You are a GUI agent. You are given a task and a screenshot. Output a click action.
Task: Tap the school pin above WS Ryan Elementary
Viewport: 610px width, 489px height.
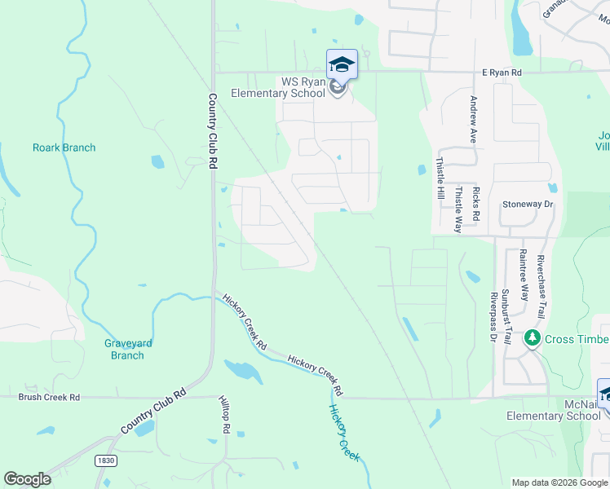click(342, 64)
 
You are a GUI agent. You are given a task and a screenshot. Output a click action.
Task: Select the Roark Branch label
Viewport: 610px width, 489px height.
click(64, 148)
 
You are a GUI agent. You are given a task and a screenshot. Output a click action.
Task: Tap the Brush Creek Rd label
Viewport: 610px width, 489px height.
click(50, 397)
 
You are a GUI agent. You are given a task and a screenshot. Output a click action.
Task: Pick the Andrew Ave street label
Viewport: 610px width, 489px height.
click(473, 119)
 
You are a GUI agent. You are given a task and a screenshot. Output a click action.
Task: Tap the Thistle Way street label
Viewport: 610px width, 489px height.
click(458, 209)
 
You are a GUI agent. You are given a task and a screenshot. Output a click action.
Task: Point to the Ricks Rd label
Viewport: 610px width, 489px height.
click(475, 207)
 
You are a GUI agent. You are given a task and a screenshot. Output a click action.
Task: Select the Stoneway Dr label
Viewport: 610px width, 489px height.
click(528, 204)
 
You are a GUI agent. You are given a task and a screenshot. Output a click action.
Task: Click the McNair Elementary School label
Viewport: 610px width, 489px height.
click(554, 410)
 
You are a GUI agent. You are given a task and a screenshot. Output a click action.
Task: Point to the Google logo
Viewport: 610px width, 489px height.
click(27, 479)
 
